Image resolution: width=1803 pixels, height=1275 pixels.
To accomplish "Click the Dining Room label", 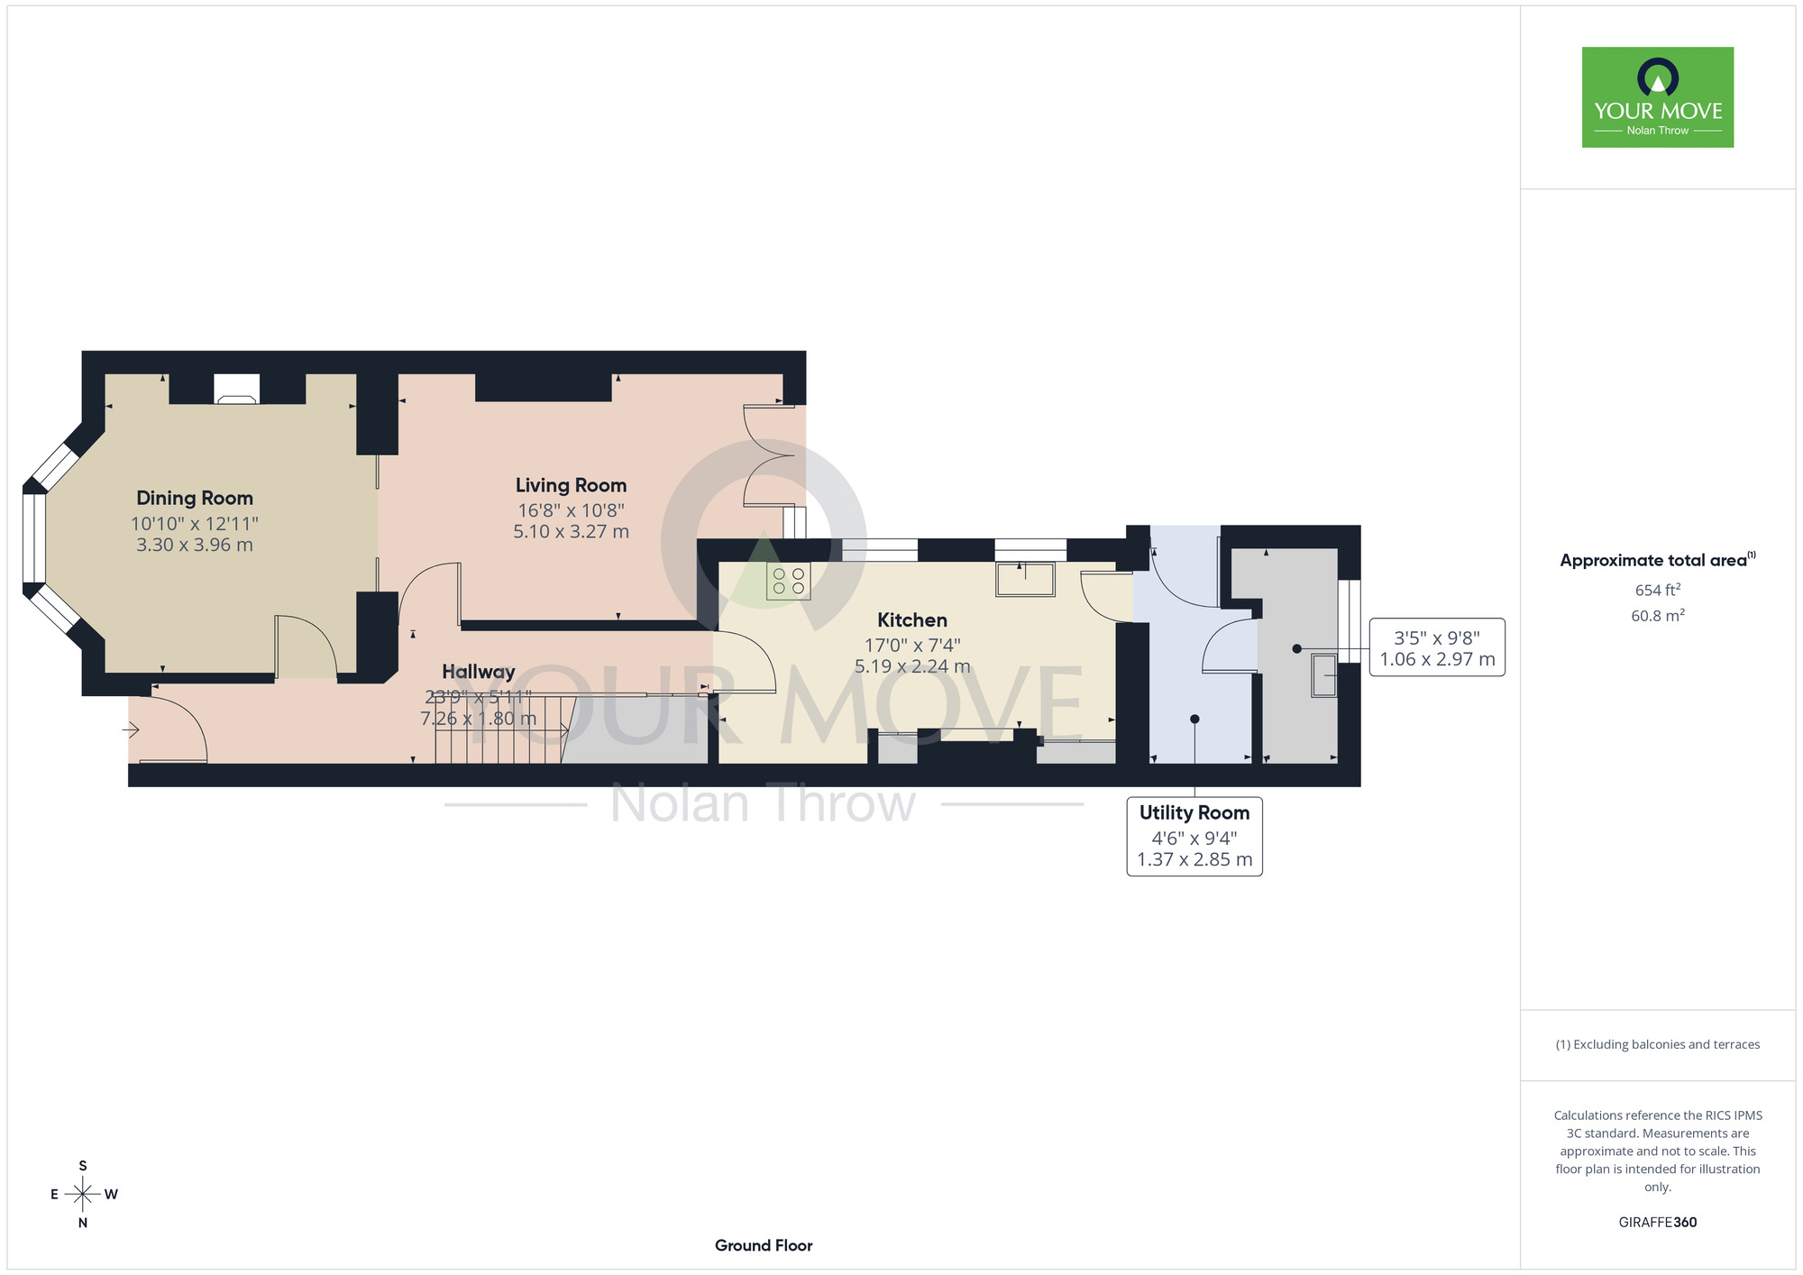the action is tap(195, 498).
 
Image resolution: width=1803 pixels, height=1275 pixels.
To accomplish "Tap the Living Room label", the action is tap(571, 485).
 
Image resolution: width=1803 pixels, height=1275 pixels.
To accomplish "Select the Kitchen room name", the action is tap(912, 620).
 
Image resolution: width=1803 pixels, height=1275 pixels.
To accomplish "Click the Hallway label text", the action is tap(479, 672).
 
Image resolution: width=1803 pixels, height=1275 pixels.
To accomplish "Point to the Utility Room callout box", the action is tap(1194, 836).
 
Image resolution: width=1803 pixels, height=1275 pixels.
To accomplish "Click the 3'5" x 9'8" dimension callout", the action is tap(1437, 647).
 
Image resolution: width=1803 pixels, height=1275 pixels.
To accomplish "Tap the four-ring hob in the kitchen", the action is tap(788, 581).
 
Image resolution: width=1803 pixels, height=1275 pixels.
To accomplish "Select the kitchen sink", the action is tap(1025, 579).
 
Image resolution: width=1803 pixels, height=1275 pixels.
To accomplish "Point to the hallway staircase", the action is tap(505, 729).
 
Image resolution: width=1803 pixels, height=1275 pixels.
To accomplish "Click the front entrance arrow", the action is tap(132, 729).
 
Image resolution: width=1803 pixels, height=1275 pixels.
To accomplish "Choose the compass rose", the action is tap(83, 1195).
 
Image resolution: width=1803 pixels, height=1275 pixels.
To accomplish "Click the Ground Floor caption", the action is tap(764, 1245).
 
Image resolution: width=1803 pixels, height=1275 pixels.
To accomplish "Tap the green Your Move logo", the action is tap(1658, 97).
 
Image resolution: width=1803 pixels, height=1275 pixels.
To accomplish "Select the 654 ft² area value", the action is tap(1658, 590).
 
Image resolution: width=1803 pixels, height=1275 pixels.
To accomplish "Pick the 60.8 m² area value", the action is tap(1658, 616).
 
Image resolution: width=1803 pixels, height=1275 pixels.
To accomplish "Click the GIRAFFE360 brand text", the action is tap(1658, 1223).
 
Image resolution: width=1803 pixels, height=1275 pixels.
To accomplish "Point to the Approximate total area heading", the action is tap(1658, 560).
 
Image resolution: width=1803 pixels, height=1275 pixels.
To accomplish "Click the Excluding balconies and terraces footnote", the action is tap(1658, 1044).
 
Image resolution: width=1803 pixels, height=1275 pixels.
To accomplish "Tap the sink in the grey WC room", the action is tap(1323, 675).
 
